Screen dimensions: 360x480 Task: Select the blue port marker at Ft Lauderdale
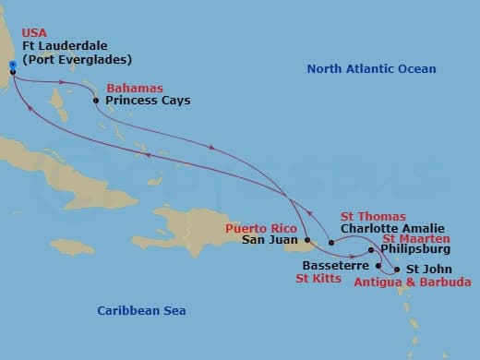[x=13, y=66]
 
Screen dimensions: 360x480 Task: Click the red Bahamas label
[x=130, y=88]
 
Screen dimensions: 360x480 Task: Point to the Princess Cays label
[x=148, y=100]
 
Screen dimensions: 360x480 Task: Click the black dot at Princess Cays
[x=96, y=101]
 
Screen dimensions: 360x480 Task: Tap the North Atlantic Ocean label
[x=371, y=69]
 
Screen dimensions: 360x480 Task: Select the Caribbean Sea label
[x=141, y=311]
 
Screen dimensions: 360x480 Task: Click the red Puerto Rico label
[x=261, y=228]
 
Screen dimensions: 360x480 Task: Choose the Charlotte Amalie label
[x=392, y=228]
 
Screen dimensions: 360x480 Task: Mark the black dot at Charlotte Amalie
[x=331, y=243]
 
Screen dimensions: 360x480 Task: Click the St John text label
[x=429, y=270]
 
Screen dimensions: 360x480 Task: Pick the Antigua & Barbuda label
[x=413, y=282]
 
